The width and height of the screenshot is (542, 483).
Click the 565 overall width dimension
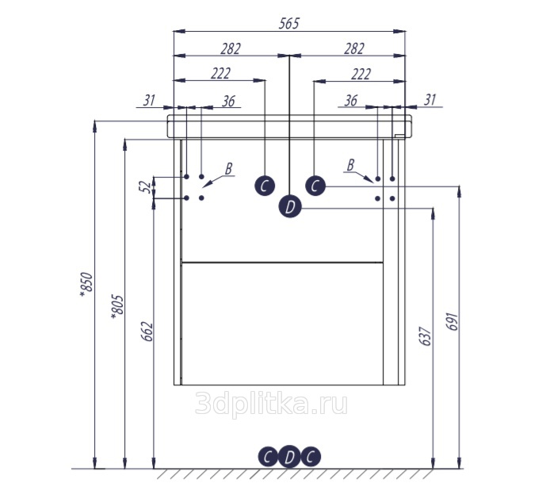coord(289,23)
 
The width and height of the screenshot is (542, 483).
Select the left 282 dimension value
coord(231,49)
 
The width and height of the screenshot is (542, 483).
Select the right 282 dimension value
coord(354,49)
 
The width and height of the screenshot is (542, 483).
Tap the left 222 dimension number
coord(221,73)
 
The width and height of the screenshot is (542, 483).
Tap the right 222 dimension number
coord(361,74)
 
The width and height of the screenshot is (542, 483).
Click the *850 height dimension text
coord(86,285)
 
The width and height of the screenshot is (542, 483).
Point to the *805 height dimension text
coord(117,307)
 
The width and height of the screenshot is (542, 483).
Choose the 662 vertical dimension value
coord(147,332)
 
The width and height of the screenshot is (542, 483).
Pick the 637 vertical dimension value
coord(426,335)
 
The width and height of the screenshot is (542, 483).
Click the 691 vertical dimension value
coord(452,321)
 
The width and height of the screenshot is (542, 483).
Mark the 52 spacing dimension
coord(147,187)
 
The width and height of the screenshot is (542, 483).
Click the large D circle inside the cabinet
coord(290,206)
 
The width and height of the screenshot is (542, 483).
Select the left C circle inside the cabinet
coord(265,186)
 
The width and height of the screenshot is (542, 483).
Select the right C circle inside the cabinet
coord(315,186)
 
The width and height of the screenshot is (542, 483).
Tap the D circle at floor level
coord(290,457)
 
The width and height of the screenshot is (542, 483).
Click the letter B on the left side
coord(228,169)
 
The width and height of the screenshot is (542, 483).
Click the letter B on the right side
coord(350,165)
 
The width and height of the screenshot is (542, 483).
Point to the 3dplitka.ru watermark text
coord(271,403)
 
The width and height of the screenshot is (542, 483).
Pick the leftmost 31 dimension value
coord(149,101)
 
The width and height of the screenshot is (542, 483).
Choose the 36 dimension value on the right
coord(350,101)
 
